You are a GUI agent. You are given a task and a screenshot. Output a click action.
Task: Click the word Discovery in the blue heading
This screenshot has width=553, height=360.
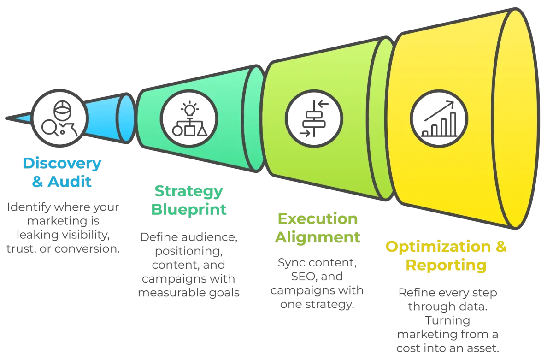pyautogui.click(x=62, y=164)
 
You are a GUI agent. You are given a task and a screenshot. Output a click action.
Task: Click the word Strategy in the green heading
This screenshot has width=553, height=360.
pyautogui.click(x=189, y=191)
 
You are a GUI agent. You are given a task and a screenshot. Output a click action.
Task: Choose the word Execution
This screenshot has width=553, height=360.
pyautogui.click(x=317, y=218)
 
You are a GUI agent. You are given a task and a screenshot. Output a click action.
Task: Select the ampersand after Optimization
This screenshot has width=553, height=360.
pyautogui.click(x=501, y=247)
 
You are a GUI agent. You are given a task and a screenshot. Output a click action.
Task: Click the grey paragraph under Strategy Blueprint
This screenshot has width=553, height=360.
pyautogui.click(x=189, y=265)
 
